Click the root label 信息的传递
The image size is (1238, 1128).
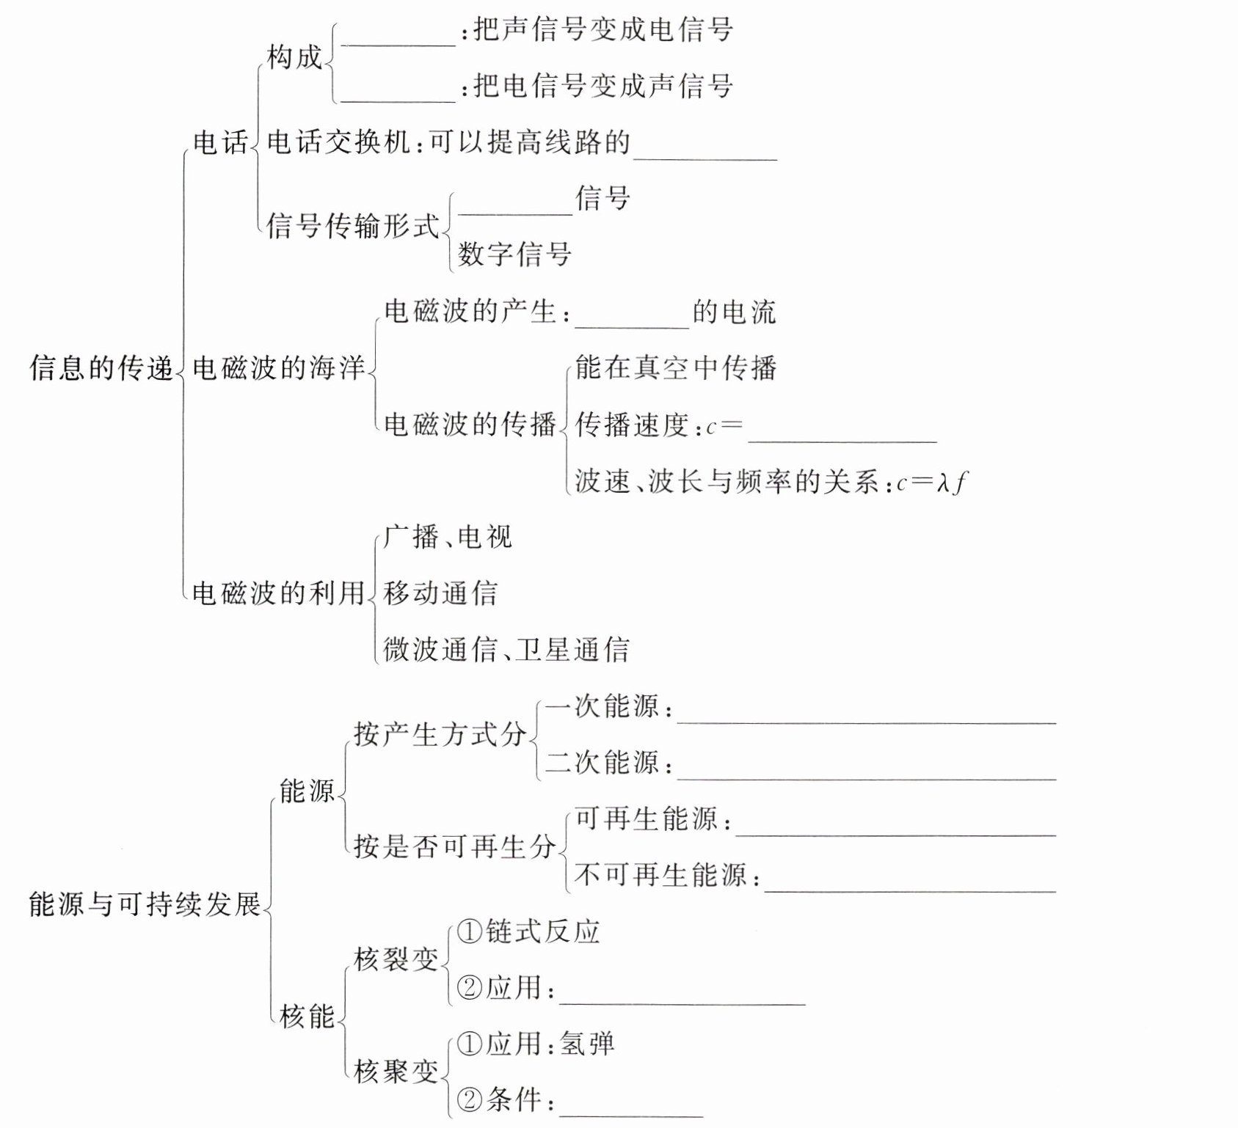pyautogui.click(x=101, y=367)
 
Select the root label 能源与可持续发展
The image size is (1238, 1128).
pyautogui.click(x=145, y=904)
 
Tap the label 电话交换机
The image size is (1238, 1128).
pyautogui.click(x=338, y=142)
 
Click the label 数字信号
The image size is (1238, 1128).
pyautogui.click(x=514, y=254)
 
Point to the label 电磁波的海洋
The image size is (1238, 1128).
pyautogui.click(x=278, y=367)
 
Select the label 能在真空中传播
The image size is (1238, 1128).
pyautogui.click(x=675, y=367)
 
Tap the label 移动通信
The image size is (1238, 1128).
pyautogui.click(x=440, y=593)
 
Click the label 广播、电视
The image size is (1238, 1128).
pyautogui.click(x=448, y=537)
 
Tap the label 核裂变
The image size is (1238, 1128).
pyautogui.click(x=396, y=959)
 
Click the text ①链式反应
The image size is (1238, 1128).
pyautogui.click(x=528, y=931)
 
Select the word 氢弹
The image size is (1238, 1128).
pyautogui.click(x=587, y=1044)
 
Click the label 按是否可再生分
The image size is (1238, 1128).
pyautogui.click(x=454, y=846)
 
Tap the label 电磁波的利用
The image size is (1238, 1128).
pyautogui.click(x=278, y=593)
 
